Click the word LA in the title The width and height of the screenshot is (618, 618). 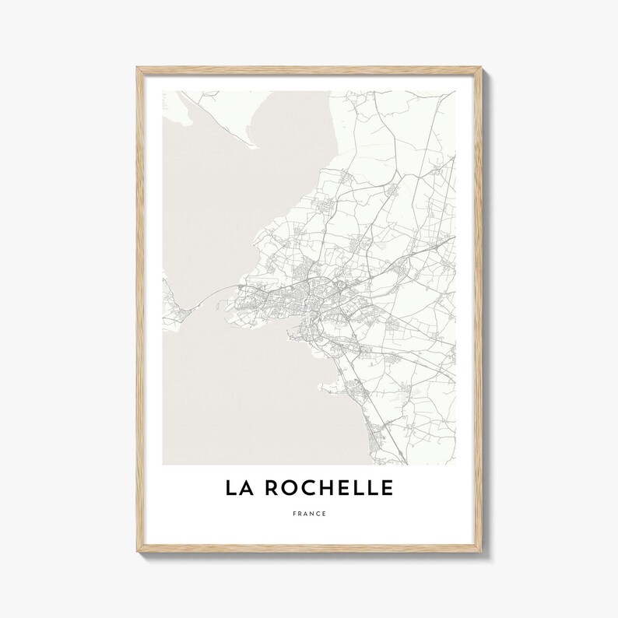240,488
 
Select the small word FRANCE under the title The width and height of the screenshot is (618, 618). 309,514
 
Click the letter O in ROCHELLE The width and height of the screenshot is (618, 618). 287,488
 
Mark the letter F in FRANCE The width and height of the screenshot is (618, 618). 296,514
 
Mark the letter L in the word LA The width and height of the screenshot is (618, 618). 232,488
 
